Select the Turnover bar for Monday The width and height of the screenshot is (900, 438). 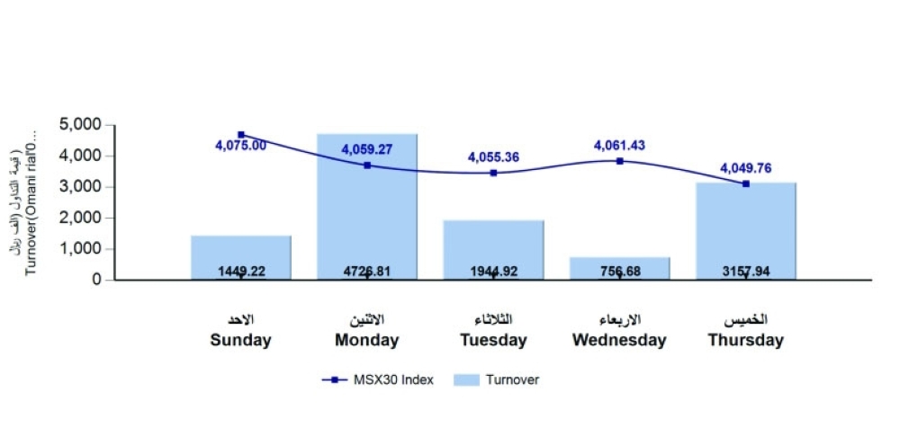click(x=367, y=216)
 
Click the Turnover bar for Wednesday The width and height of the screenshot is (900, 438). click(x=619, y=265)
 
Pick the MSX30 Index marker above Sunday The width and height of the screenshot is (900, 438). click(x=241, y=134)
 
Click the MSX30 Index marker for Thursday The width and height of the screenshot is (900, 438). click(x=746, y=183)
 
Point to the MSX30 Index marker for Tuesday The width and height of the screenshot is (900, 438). click(x=493, y=173)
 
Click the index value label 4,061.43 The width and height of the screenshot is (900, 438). click(x=619, y=145)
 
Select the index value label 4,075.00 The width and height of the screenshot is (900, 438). click(x=240, y=146)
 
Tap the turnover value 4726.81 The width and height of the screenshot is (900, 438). click(x=367, y=271)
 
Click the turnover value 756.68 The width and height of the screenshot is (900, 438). click(x=619, y=271)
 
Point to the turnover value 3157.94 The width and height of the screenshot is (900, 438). click(x=745, y=271)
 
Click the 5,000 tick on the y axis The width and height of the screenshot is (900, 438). click(x=81, y=125)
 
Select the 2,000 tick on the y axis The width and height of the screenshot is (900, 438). click(x=81, y=218)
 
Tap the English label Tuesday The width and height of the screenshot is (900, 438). click(x=493, y=341)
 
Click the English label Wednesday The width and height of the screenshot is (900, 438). click(x=619, y=341)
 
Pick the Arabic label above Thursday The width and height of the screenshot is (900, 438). click(x=745, y=320)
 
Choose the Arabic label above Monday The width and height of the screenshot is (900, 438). click(x=367, y=320)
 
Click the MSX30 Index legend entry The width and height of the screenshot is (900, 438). click(x=378, y=380)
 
